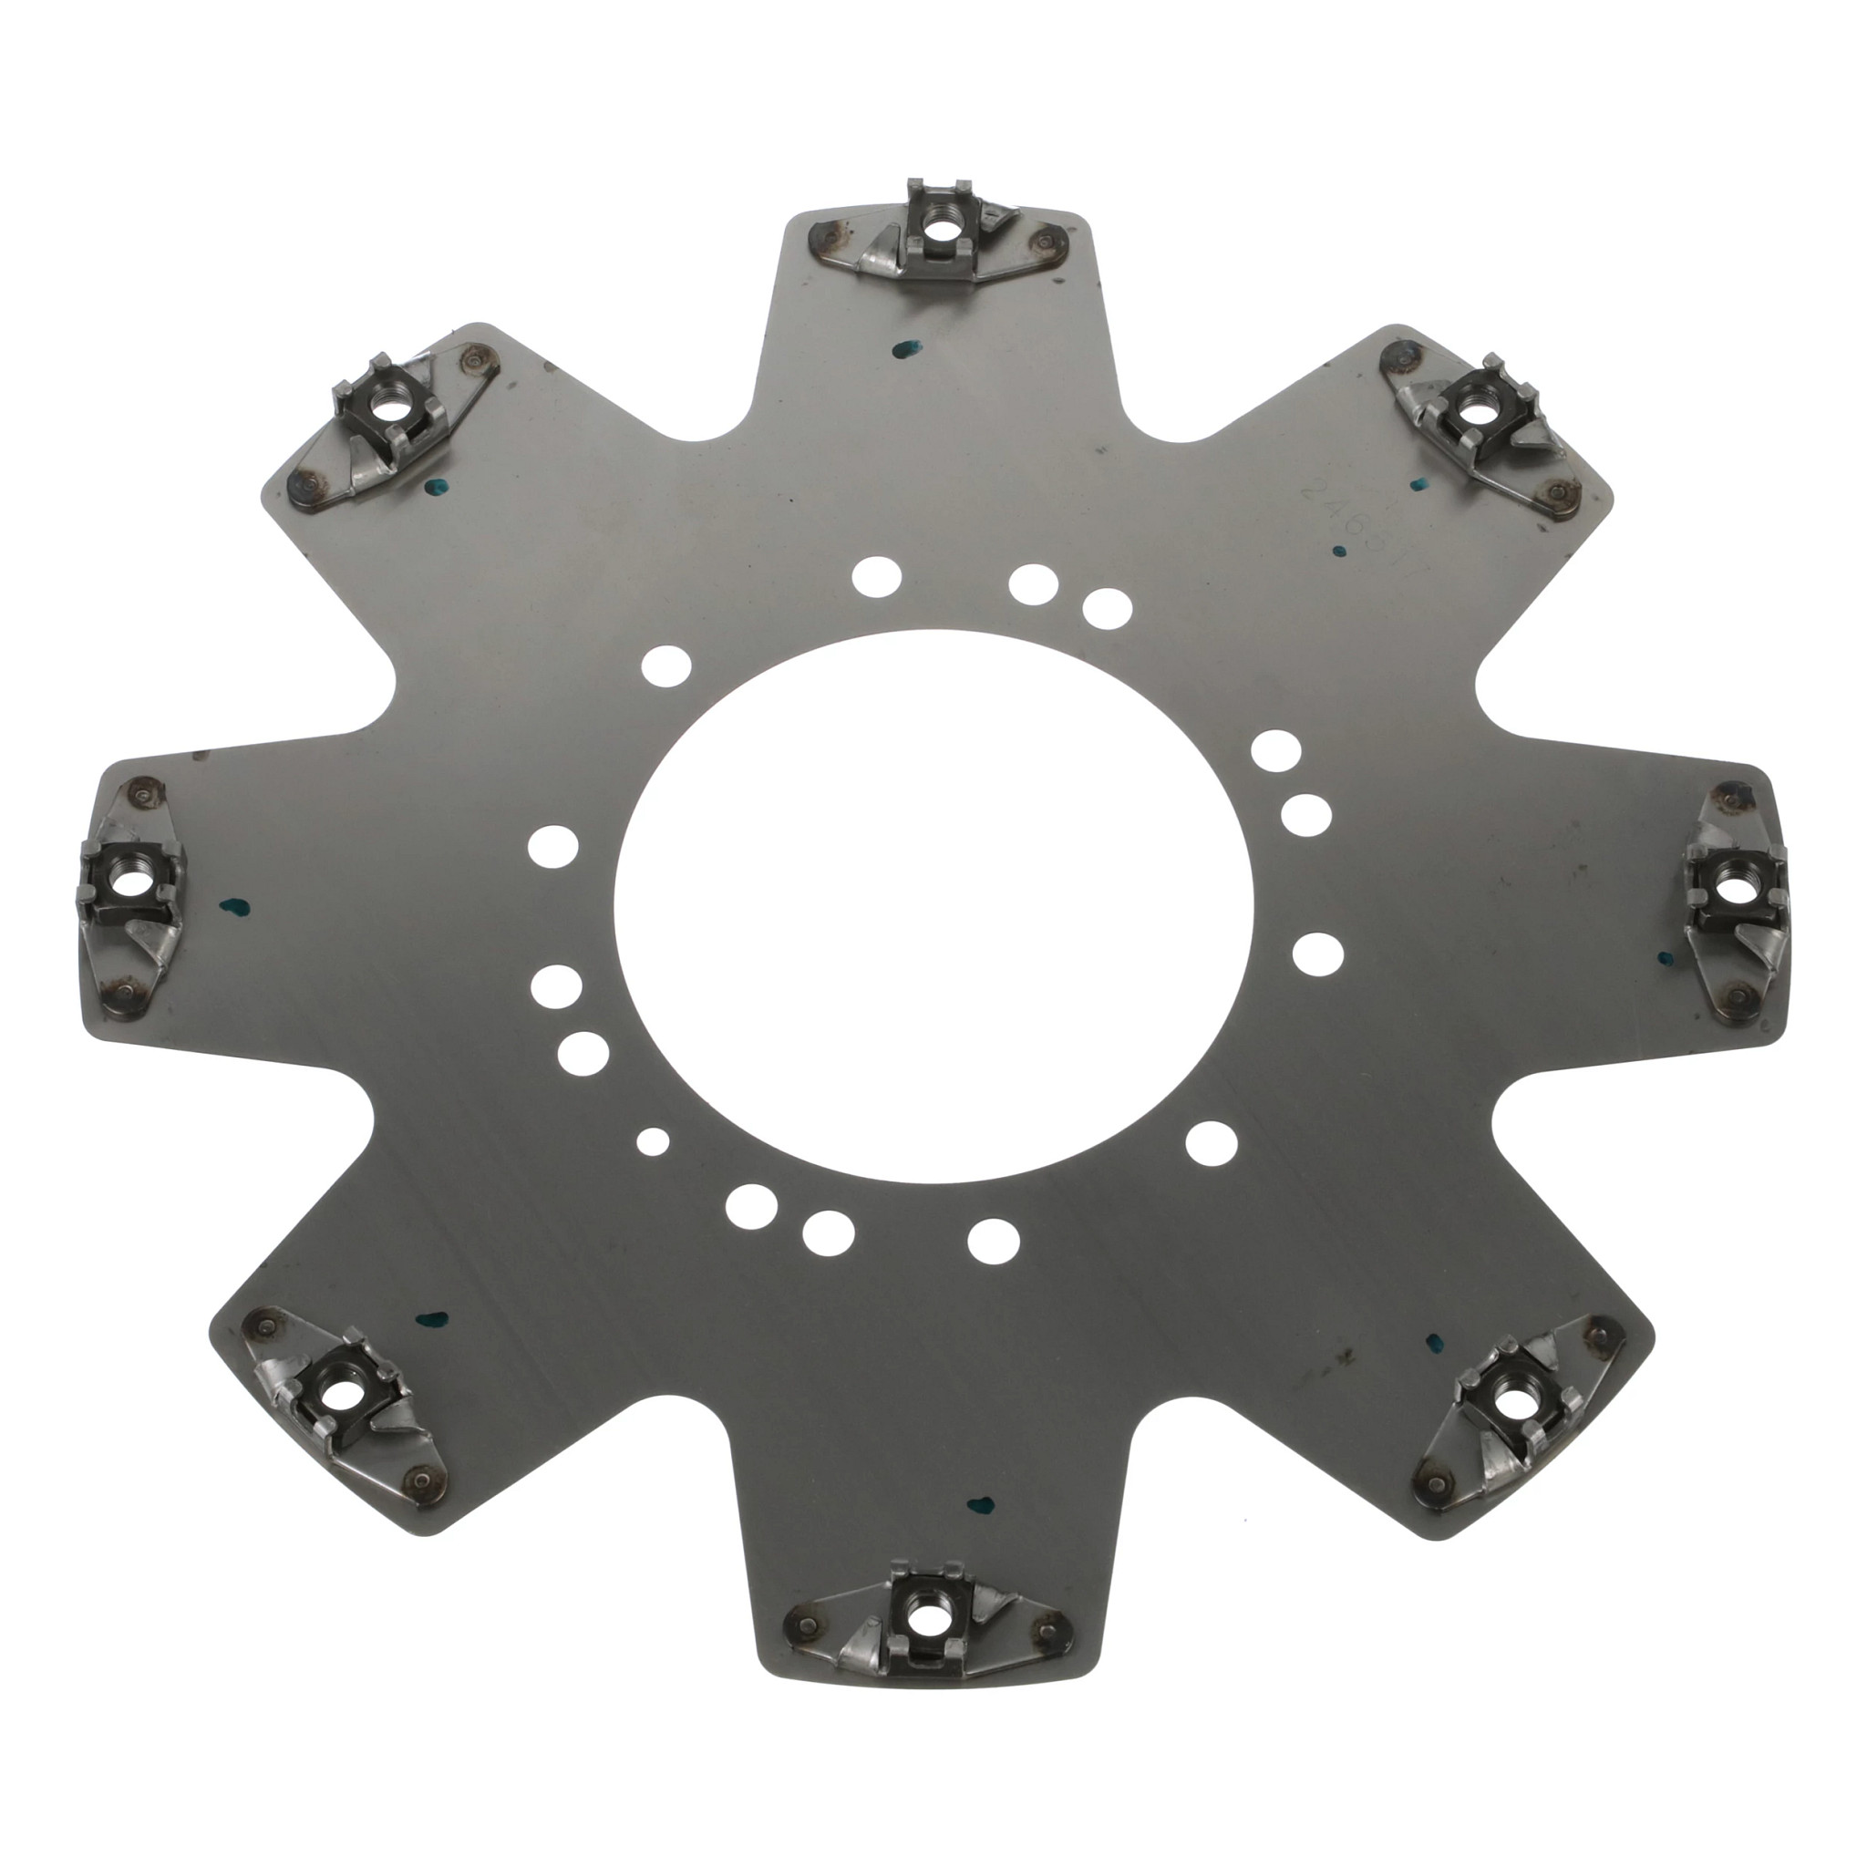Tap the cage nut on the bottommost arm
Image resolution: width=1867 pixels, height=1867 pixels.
point(920,1628)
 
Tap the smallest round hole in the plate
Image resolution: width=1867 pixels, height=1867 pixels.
point(654,1140)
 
